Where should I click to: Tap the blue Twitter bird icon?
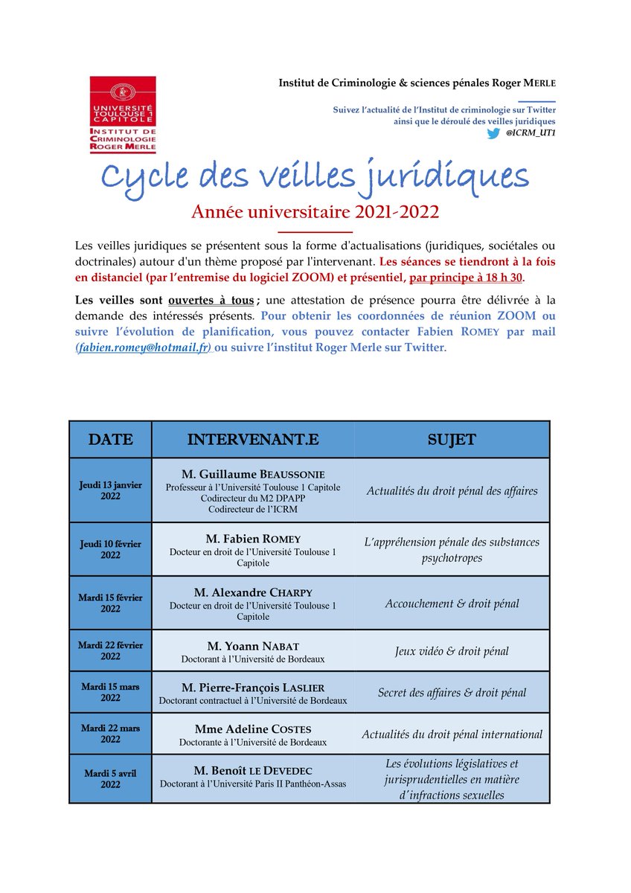pyautogui.click(x=493, y=133)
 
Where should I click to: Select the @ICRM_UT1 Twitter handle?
pyautogui.click(x=531, y=133)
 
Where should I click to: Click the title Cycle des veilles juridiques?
pyautogui.click(x=315, y=176)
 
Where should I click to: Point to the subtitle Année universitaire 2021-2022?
pyautogui.click(x=315, y=212)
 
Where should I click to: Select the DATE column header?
pyautogui.click(x=110, y=440)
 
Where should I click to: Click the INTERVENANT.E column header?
pyautogui.click(x=253, y=440)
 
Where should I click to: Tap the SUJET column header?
pyautogui.click(x=452, y=440)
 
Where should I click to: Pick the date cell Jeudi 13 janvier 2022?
pyautogui.click(x=110, y=490)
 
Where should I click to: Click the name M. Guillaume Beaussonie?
pyautogui.click(x=253, y=474)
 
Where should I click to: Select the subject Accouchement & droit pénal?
pyautogui.click(x=452, y=604)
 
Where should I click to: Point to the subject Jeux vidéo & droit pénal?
pyautogui.click(x=452, y=651)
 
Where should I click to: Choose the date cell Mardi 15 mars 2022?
pyautogui.click(x=110, y=692)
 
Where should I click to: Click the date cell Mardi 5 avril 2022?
pyautogui.click(x=110, y=778)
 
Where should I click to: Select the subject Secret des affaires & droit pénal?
pyautogui.click(x=452, y=693)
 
